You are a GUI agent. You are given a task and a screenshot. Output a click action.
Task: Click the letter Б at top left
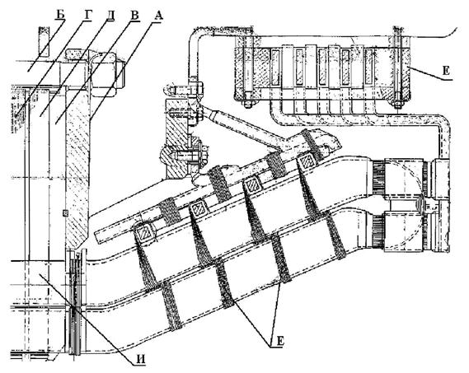[61, 15]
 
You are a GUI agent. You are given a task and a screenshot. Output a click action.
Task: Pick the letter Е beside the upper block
[447, 71]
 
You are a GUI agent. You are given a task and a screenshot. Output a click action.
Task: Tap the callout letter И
[139, 359]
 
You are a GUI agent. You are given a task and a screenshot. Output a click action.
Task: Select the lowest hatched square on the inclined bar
[144, 232]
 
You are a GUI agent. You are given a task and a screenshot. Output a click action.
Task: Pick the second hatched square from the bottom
[199, 209]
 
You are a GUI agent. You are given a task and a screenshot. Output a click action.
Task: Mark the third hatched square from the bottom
[252, 185]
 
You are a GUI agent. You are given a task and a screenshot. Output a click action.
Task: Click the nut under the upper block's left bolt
[248, 104]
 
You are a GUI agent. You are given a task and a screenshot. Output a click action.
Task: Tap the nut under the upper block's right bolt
[397, 105]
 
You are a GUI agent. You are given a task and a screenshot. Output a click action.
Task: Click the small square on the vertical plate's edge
[65, 212]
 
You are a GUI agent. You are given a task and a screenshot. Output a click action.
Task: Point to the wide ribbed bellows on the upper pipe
[378, 178]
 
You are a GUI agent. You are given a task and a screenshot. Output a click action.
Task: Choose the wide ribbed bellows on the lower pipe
[378, 231]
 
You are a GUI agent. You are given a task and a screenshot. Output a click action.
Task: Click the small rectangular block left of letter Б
[43, 41]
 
